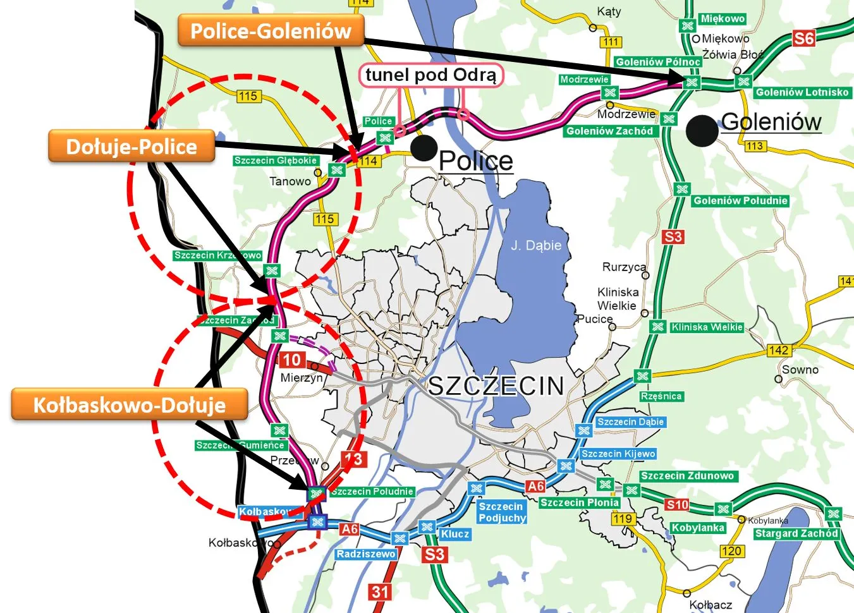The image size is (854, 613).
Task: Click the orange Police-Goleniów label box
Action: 271,31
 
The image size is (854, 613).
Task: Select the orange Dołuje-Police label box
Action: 131,147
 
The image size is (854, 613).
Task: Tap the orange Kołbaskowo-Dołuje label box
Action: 129,405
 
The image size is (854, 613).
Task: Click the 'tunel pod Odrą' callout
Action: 431,75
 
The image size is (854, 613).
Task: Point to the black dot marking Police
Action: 424,148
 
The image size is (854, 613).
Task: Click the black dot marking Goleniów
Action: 702,131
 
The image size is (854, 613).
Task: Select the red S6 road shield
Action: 803,39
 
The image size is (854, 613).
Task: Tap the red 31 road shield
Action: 380,592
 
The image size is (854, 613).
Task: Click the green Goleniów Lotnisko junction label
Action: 802,92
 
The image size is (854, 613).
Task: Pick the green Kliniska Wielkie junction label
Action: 707,327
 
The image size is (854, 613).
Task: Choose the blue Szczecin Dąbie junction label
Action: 630,422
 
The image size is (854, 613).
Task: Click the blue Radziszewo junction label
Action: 366,554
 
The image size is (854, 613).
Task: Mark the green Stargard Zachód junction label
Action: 796,533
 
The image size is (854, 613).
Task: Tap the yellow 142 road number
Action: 778,350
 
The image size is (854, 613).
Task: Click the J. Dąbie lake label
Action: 536,245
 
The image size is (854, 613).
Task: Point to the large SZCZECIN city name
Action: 496,385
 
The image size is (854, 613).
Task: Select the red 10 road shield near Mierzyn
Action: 291,360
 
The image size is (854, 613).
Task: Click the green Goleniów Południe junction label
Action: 740,201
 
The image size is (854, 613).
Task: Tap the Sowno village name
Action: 800,370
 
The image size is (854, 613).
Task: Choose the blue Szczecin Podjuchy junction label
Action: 502,512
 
